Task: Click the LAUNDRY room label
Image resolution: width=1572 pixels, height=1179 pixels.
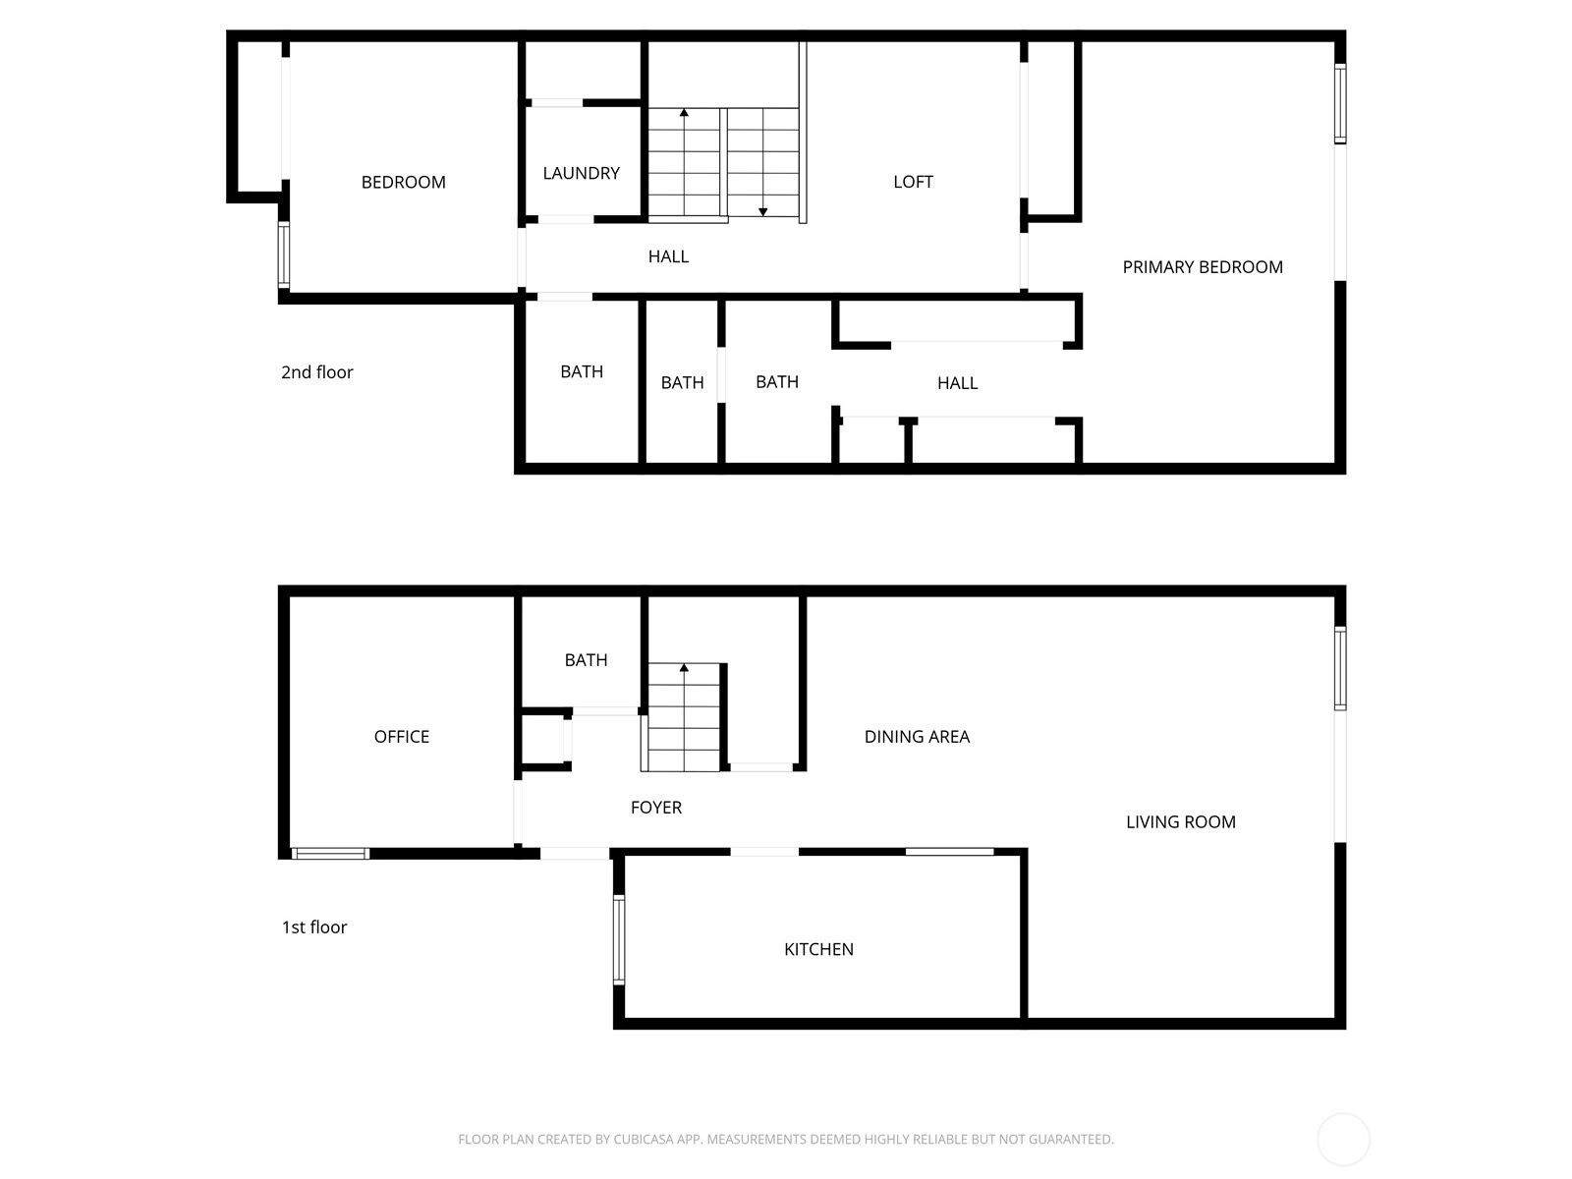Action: pyautogui.click(x=581, y=173)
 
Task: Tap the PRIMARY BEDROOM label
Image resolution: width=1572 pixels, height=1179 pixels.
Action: pyautogui.click(x=1203, y=267)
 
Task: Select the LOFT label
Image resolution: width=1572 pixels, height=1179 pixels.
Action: pyautogui.click(x=913, y=182)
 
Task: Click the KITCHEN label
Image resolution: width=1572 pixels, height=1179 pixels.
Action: pyautogui.click(x=818, y=949)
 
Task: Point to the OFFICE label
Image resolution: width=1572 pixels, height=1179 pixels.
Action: pyautogui.click(x=402, y=737)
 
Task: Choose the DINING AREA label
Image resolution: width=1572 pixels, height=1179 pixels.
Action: pyautogui.click(x=917, y=737)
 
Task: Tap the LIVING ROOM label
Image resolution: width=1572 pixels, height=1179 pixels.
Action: pyautogui.click(x=1181, y=821)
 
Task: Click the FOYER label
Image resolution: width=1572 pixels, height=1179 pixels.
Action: pyautogui.click(x=656, y=808)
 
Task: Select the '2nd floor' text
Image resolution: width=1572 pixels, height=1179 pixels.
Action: pyautogui.click(x=317, y=372)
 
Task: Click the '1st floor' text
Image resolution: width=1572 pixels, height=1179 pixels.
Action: pyautogui.click(x=314, y=927)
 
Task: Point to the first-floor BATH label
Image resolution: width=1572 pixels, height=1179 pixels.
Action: pyautogui.click(x=586, y=660)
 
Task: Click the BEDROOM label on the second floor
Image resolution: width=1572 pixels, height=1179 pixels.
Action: pyautogui.click(x=403, y=183)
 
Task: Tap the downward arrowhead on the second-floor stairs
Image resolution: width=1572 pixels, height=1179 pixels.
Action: pyautogui.click(x=762, y=212)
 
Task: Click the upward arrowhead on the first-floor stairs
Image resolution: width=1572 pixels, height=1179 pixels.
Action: pyautogui.click(x=684, y=668)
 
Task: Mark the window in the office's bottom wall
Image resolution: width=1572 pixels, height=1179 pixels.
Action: pyautogui.click(x=330, y=853)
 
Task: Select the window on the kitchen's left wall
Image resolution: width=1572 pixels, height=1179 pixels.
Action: pyautogui.click(x=620, y=939)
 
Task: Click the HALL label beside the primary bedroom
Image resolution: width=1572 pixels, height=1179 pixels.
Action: pyautogui.click(x=958, y=384)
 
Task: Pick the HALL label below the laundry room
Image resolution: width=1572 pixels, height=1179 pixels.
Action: pyautogui.click(x=668, y=257)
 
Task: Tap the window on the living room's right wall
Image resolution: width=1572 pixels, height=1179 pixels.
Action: pyautogui.click(x=1340, y=669)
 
